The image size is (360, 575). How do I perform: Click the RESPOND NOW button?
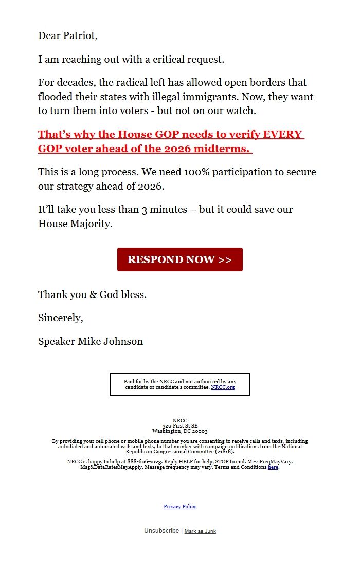pyautogui.click(x=179, y=259)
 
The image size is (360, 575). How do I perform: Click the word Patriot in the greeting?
pyautogui.click(x=78, y=36)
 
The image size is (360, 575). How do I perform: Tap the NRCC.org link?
pyautogui.click(x=223, y=387)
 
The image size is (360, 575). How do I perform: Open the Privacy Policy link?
pyautogui.click(x=180, y=507)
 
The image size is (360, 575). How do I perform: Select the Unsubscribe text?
pyautogui.click(x=161, y=531)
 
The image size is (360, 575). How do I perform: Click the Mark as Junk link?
pyautogui.click(x=200, y=531)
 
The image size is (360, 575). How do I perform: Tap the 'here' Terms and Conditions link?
pyautogui.click(x=273, y=467)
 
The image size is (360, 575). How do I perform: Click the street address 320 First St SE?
pyautogui.click(x=180, y=426)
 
